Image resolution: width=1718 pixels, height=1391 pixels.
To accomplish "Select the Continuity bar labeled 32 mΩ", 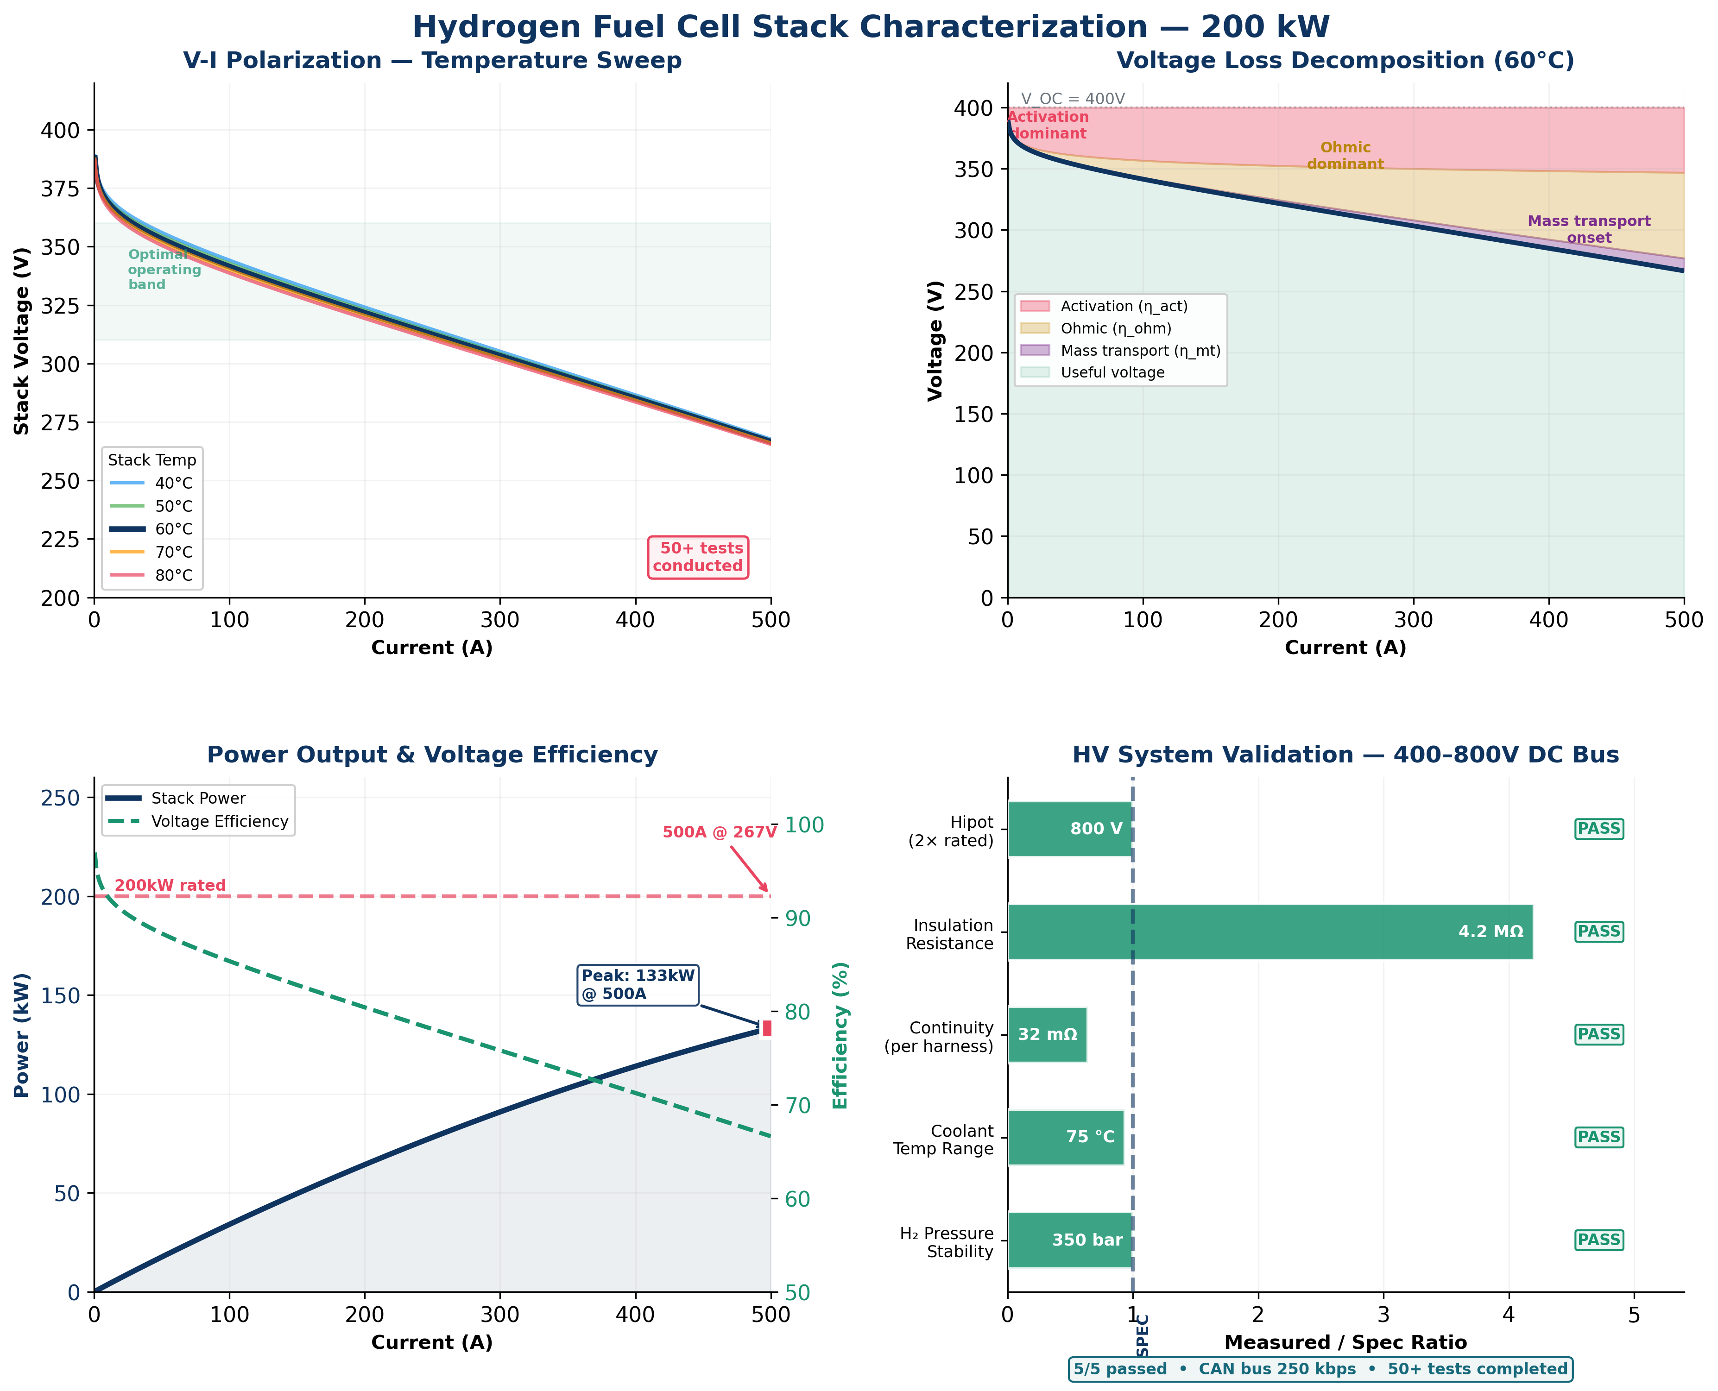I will tap(1047, 1034).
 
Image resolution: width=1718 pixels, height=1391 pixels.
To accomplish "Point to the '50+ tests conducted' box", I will tap(698, 557).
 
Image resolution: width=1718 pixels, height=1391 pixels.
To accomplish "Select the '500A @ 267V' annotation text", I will tap(719, 832).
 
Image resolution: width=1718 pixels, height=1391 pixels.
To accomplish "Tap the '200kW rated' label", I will tap(170, 885).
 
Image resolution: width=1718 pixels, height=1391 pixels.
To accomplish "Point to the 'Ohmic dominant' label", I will tap(1345, 156).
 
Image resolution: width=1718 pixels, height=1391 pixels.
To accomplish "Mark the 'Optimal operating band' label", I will tap(164, 269).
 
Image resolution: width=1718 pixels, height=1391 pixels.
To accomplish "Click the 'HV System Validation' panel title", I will tap(1345, 755).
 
